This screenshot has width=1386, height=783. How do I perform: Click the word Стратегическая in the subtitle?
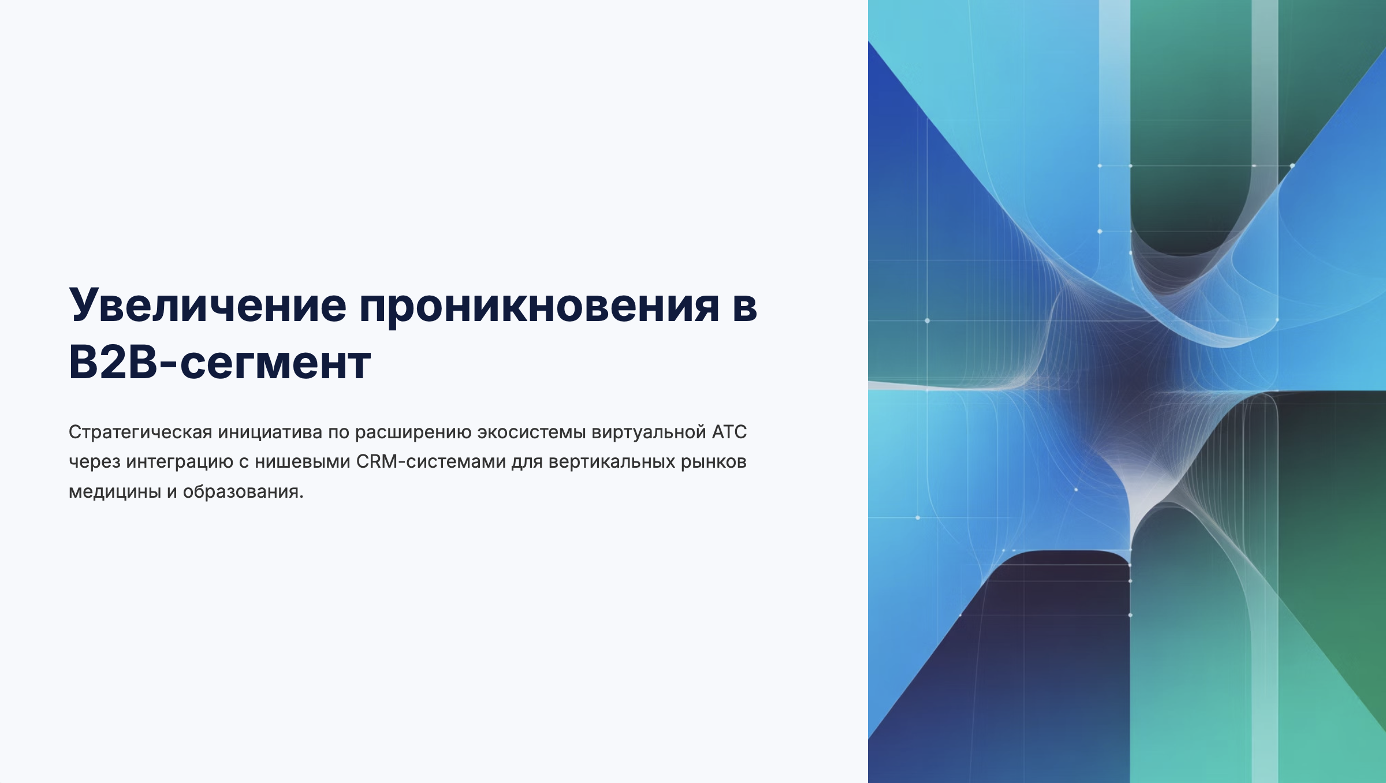140,432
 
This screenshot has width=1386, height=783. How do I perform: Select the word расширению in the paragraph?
413,432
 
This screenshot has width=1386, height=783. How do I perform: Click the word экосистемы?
531,432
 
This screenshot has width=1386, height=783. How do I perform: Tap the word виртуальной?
649,432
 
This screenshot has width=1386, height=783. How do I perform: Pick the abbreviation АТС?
729,432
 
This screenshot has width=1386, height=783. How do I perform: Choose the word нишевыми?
303,462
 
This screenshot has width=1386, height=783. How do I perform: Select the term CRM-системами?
431,462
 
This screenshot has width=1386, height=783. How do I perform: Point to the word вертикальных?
612,462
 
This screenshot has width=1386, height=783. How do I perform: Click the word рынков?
714,463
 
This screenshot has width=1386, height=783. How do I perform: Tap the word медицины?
115,492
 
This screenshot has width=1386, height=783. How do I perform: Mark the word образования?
243,492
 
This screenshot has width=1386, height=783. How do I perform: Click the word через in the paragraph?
95,463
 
